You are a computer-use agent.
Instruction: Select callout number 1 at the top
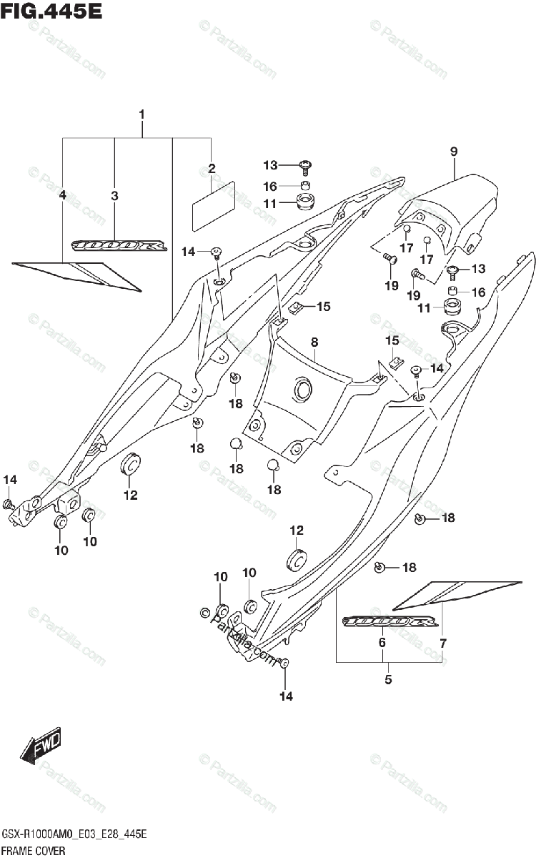[x=142, y=114]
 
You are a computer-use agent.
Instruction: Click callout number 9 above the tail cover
[x=453, y=151]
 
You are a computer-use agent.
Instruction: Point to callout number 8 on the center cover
[x=314, y=343]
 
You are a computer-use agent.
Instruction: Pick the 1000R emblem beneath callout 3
[x=119, y=246]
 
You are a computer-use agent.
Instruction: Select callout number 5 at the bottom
[x=388, y=679]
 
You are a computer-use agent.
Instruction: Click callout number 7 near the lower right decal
[x=442, y=643]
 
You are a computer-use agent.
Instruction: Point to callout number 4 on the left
[x=63, y=194]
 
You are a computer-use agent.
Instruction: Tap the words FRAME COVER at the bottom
[x=35, y=850]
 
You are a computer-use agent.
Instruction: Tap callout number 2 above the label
[x=212, y=169]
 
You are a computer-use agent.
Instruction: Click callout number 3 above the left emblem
[x=114, y=194]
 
